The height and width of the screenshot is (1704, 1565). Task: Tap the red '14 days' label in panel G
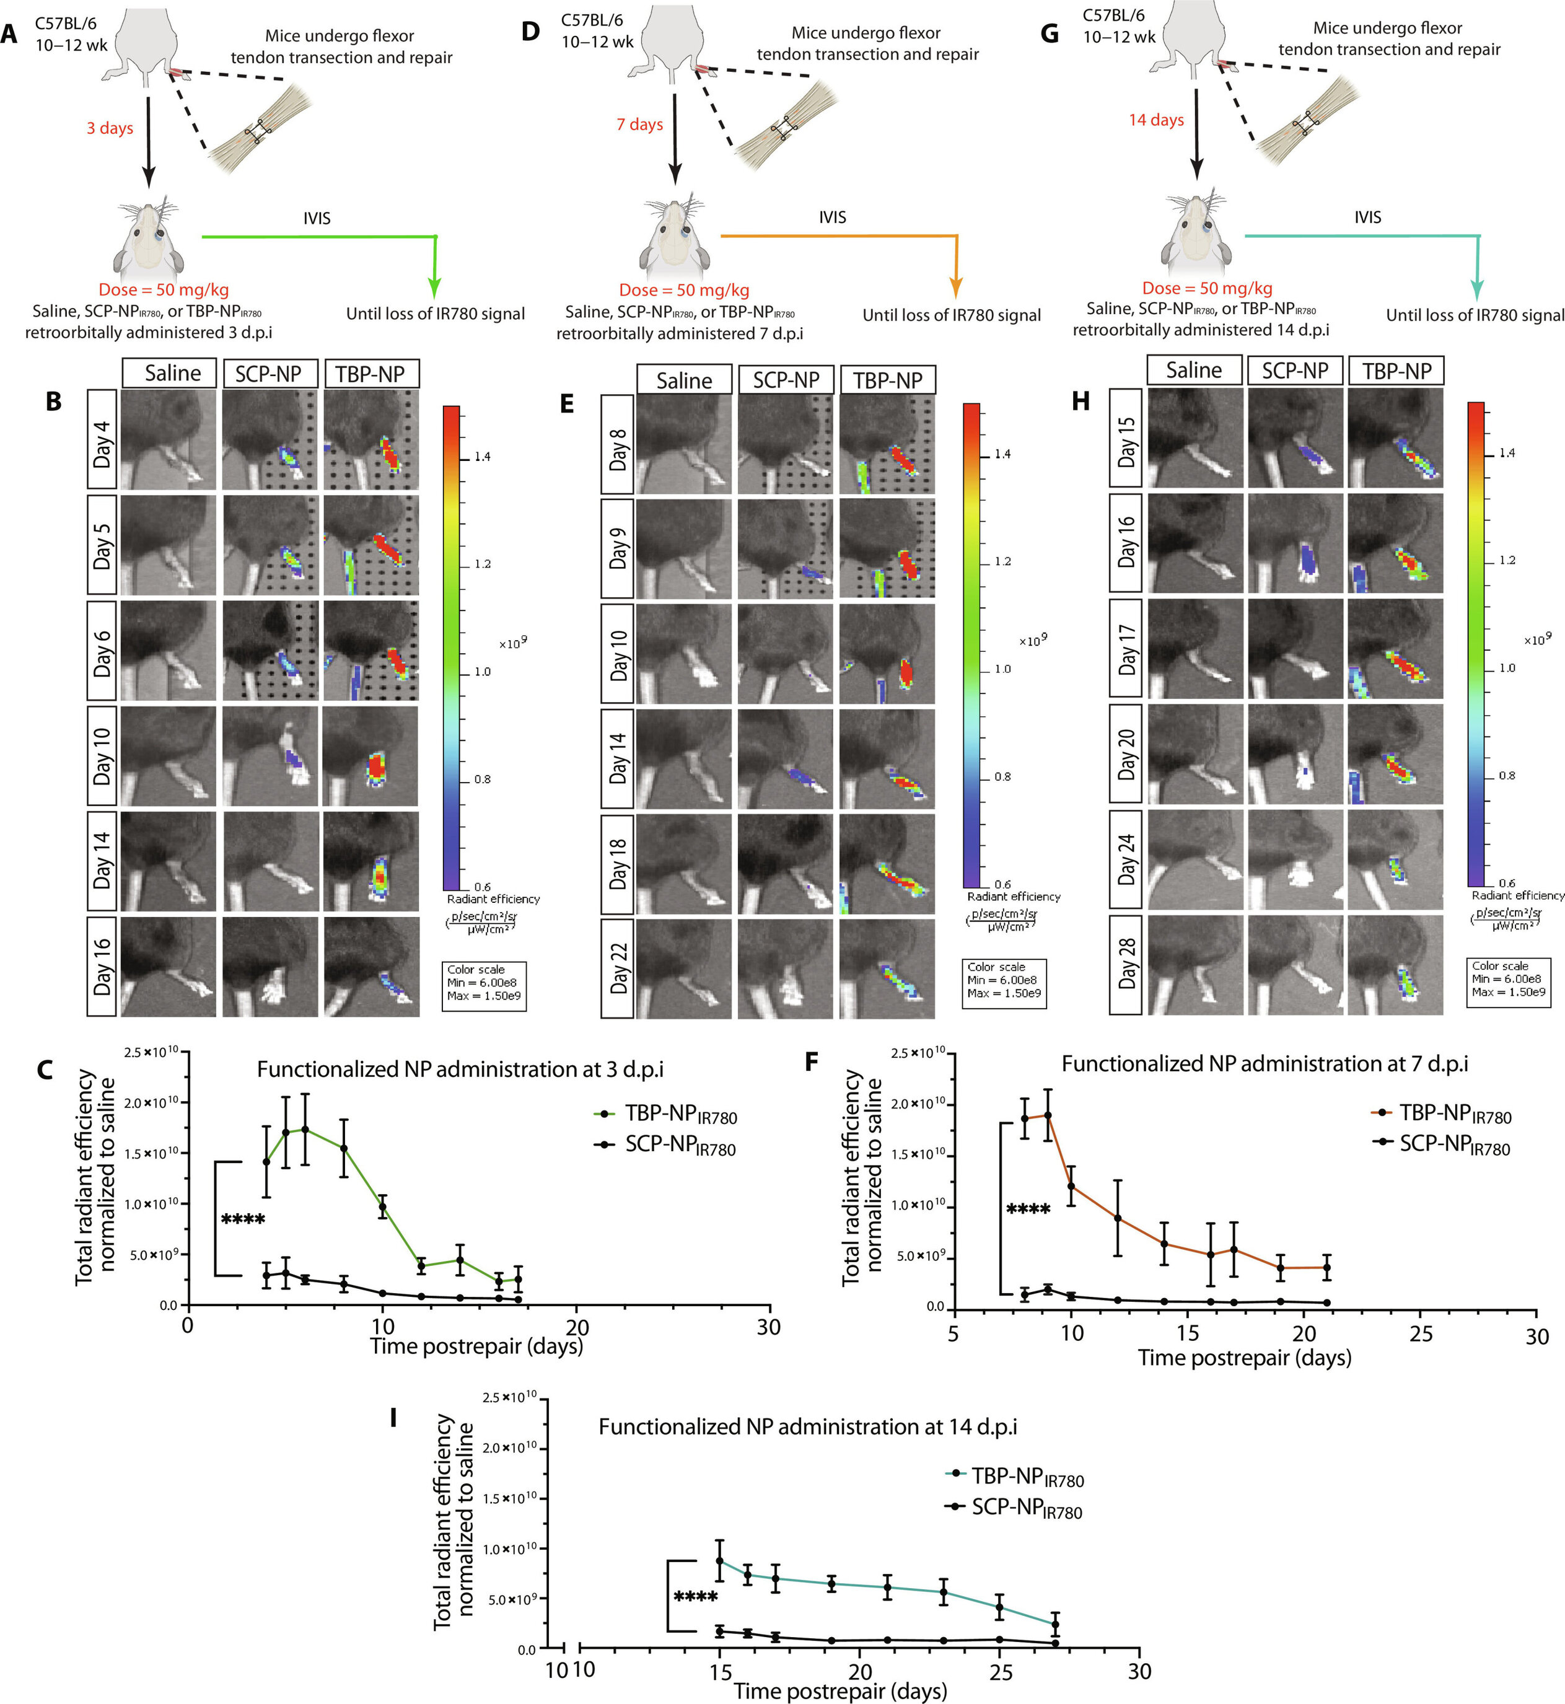[x=1156, y=120]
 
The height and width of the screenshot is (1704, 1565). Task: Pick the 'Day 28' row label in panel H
[x=1126, y=965]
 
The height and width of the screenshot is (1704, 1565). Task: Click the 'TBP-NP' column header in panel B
[x=371, y=374]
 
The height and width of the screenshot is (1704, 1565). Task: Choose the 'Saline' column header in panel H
[x=1193, y=370]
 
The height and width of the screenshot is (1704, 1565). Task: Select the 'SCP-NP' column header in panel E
[x=786, y=380]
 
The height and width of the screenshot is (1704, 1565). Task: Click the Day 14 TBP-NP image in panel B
[x=371, y=861]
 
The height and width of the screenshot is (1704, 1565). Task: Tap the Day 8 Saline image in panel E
[x=684, y=444]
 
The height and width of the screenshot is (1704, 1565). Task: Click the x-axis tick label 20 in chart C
[x=577, y=1326]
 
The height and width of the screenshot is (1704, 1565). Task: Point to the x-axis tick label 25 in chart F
[x=1420, y=1334]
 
